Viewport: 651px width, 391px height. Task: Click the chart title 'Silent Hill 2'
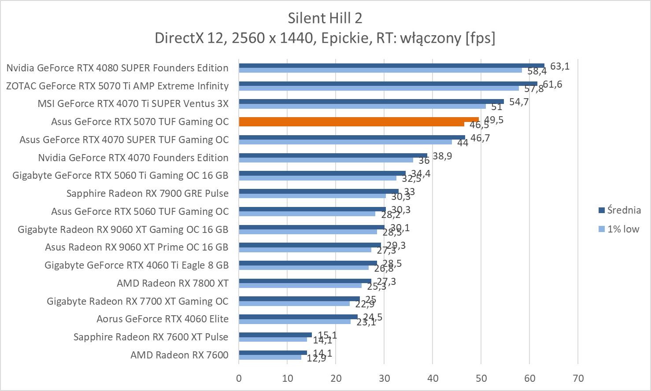coord(325,18)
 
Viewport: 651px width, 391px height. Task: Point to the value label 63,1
coord(560,66)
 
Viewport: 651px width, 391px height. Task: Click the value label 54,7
coord(519,102)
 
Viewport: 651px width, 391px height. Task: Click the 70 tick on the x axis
coord(578,378)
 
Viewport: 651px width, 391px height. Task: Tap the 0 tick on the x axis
coord(239,378)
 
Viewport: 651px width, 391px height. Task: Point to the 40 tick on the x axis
coord(433,378)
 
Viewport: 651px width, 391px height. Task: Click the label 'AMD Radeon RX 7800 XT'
coord(173,283)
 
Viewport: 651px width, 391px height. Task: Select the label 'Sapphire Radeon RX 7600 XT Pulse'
coord(151,337)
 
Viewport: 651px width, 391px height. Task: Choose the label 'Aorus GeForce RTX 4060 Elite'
coord(163,319)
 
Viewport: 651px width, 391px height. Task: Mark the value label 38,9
coord(442,156)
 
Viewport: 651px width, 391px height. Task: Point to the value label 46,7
coord(480,138)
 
